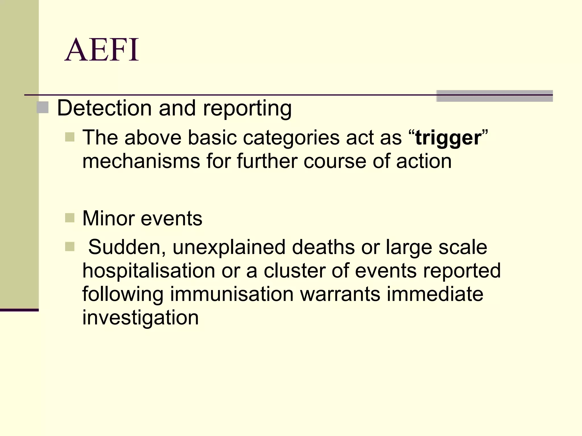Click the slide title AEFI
click(102, 50)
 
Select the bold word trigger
click(448, 138)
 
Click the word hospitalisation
click(149, 271)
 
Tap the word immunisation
click(232, 294)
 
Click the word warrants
click(340, 294)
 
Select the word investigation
click(140, 317)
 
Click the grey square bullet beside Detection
click(43, 108)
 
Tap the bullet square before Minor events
click(70, 218)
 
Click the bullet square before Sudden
click(70, 246)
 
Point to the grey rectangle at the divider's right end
click(494, 96)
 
